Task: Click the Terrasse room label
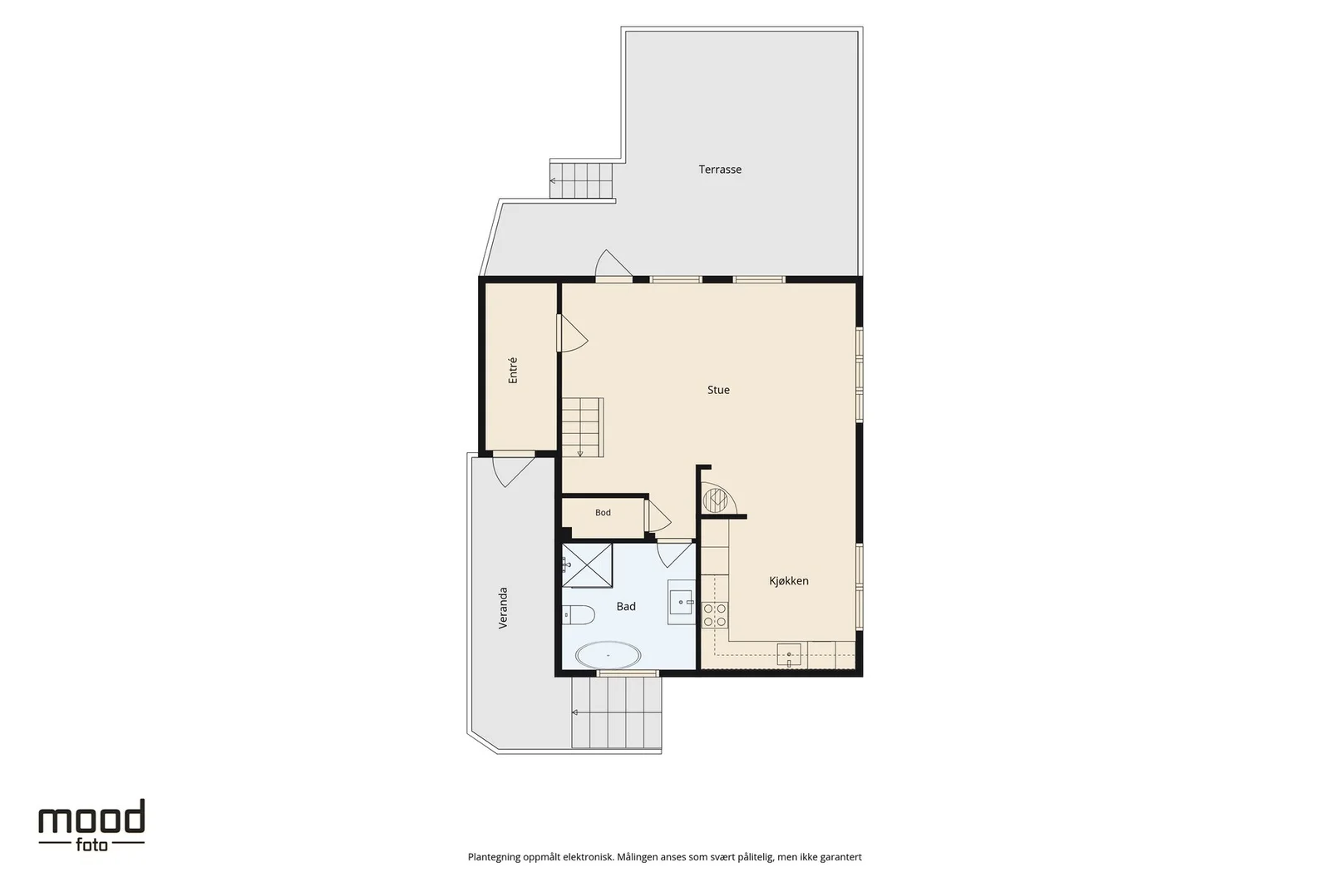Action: click(720, 170)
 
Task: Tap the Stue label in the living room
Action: click(718, 390)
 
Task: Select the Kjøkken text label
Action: click(789, 580)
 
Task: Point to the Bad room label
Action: click(626, 606)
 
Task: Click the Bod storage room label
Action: click(603, 512)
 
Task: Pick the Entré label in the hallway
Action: click(513, 371)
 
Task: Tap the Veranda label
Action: click(503, 608)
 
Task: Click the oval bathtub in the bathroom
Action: click(608, 655)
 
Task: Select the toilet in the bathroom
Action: click(579, 615)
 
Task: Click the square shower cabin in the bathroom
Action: click(587, 566)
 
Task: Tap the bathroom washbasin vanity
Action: click(681, 602)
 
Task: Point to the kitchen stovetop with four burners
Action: click(714, 614)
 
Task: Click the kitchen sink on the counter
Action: click(789, 655)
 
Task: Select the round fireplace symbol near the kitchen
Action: click(716, 500)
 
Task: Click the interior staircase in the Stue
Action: click(583, 427)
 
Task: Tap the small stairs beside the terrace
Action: click(581, 180)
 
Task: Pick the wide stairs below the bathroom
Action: click(616, 712)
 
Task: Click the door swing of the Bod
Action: click(658, 516)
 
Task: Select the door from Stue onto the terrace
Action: click(614, 265)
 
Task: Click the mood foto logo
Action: click(91, 825)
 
